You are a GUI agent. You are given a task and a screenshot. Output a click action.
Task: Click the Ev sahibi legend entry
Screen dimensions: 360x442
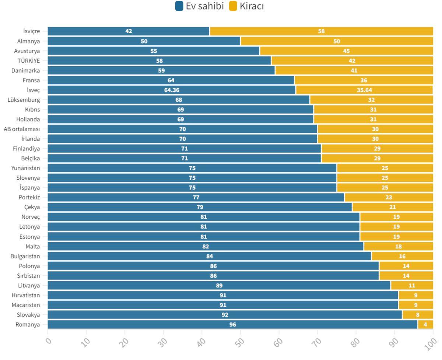(200, 6)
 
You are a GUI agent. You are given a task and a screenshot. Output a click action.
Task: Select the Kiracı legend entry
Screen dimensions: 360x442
(246, 6)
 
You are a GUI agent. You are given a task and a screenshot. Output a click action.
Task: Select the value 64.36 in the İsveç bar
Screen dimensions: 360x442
(172, 90)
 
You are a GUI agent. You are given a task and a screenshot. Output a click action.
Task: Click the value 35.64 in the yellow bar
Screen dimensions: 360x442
(364, 90)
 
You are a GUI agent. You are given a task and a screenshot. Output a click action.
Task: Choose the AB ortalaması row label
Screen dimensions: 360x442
(22, 129)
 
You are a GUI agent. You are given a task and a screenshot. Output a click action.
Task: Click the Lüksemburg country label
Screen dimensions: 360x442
(24, 100)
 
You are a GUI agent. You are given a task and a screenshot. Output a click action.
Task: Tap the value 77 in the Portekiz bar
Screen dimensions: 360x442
(196, 197)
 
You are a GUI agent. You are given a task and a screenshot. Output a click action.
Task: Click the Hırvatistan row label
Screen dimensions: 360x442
(25, 295)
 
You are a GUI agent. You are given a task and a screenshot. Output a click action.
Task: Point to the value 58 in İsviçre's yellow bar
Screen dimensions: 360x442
(322, 31)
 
